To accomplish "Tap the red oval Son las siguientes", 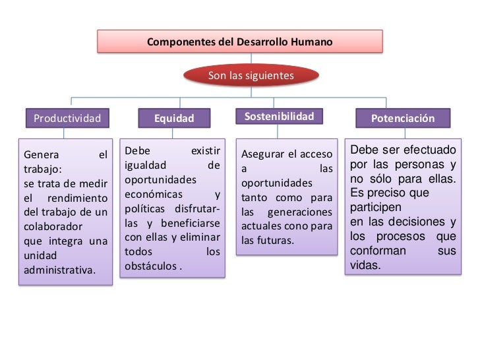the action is [251, 76].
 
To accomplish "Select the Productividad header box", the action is [67, 119].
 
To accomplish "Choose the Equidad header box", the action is [174, 119].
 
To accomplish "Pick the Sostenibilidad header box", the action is [279, 117].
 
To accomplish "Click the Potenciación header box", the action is [403, 119].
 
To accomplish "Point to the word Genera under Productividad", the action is [41, 156].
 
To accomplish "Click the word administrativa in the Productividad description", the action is [59, 270].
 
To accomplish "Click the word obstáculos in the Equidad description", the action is [151, 266].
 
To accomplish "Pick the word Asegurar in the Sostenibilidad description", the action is [260, 154].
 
